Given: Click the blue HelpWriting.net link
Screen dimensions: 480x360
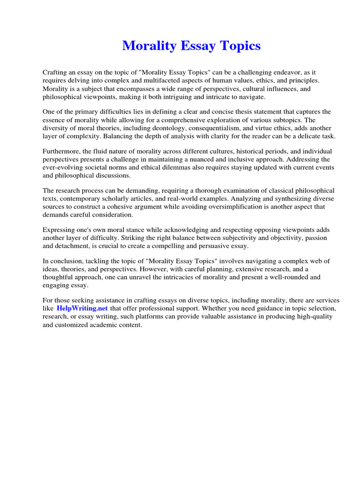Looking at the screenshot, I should click(82, 308).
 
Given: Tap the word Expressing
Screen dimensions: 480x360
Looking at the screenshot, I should click(59, 230).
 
